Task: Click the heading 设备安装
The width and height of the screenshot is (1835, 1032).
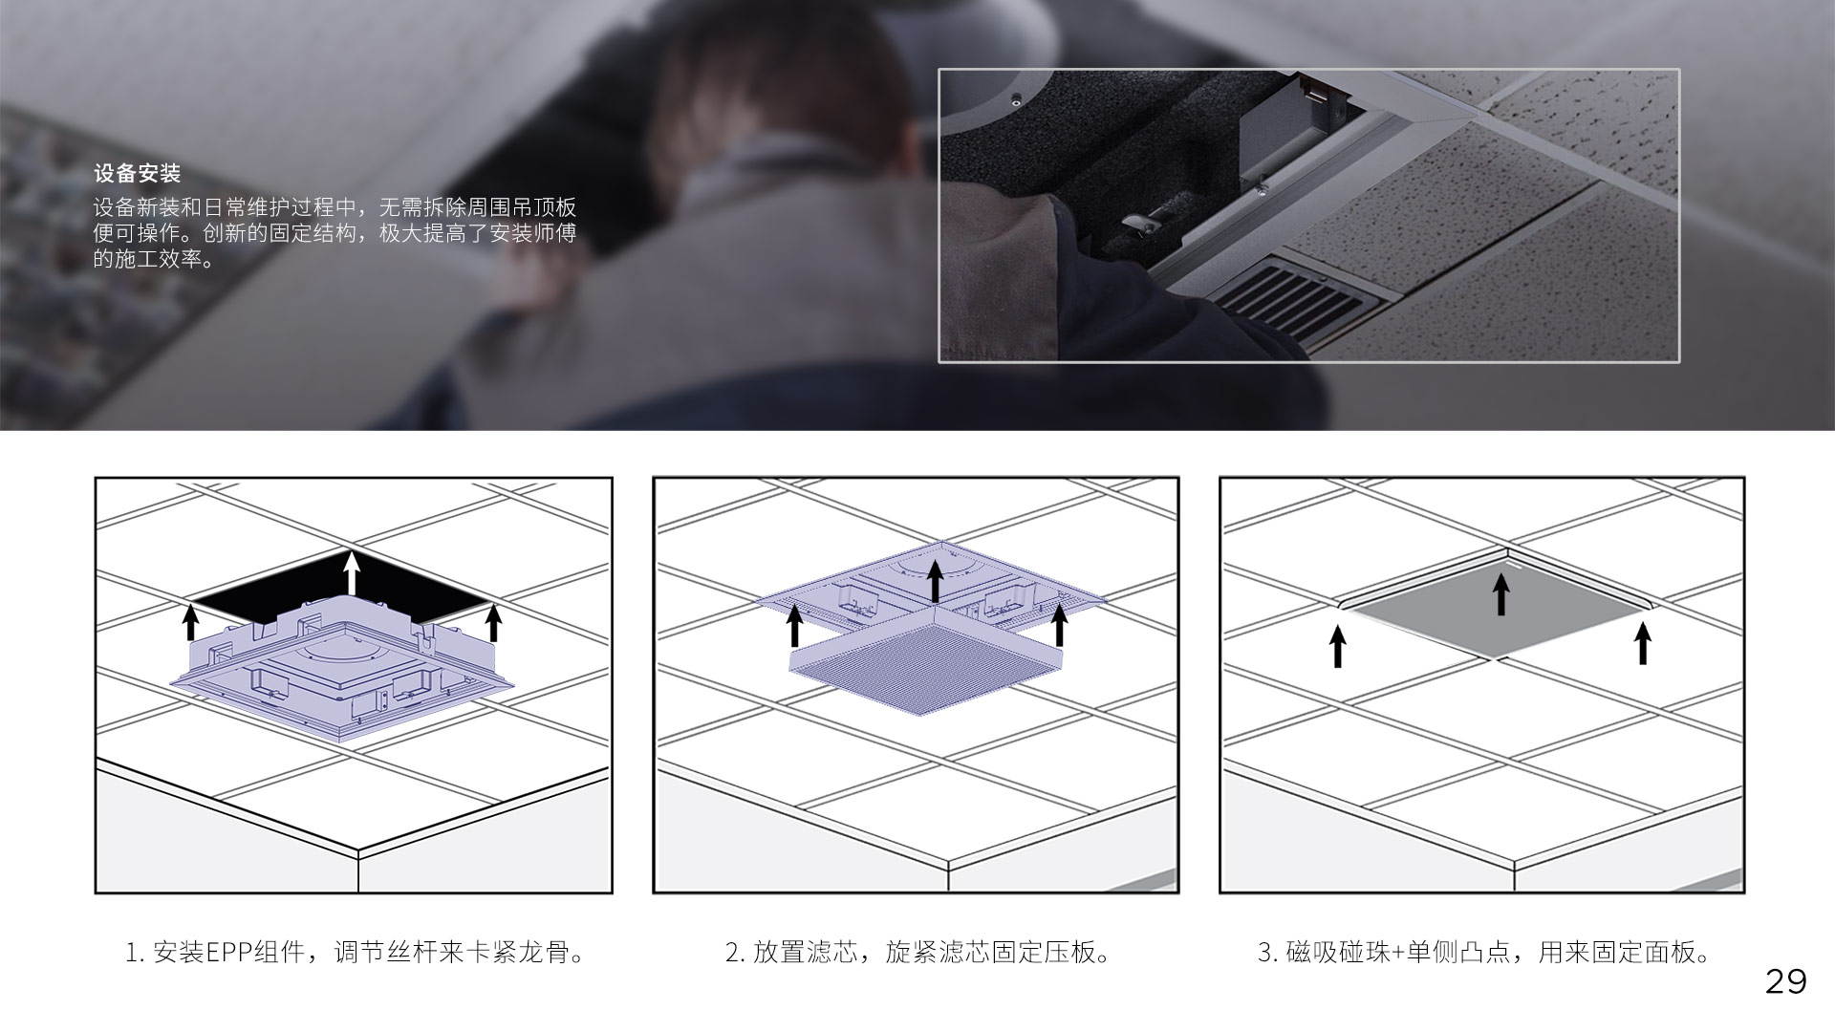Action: coord(137,174)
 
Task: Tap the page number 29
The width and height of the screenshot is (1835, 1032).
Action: coord(1785,982)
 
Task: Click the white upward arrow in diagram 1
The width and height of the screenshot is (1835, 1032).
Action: coord(353,573)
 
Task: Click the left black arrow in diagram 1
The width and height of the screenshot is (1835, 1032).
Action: coord(191,621)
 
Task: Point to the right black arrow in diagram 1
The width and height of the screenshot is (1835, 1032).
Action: coord(494,622)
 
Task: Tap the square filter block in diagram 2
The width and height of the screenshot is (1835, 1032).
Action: coord(927,663)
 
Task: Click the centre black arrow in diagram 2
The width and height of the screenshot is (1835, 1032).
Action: coord(935,582)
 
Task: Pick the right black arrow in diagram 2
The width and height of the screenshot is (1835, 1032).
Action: coord(1059,625)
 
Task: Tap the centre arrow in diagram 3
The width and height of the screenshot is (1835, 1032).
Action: coord(1500,592)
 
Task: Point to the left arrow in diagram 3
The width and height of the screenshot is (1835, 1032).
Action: coord(1338,646)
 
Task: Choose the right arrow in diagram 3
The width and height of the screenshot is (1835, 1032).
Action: coord(1643,643)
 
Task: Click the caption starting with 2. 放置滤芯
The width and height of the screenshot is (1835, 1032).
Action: coord(919,953)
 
